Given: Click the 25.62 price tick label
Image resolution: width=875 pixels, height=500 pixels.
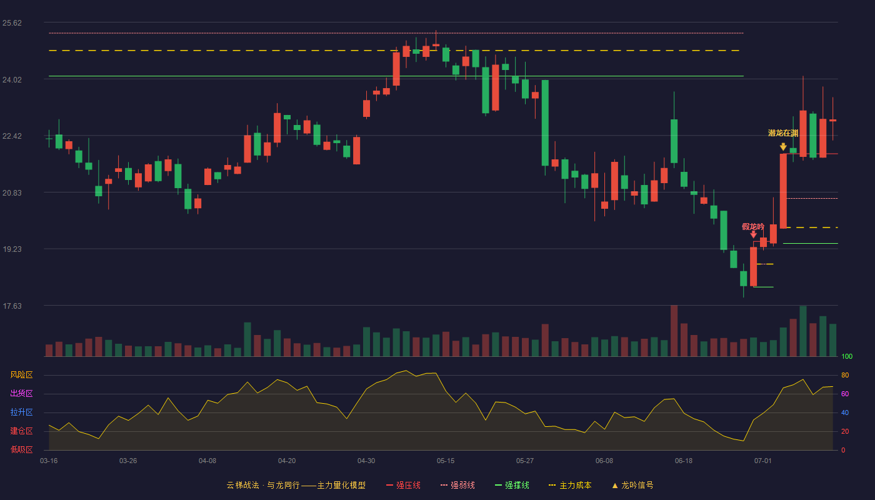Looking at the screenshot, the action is click(x=12, y=23).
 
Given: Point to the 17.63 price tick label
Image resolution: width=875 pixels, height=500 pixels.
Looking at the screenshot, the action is click(x=12, y=306).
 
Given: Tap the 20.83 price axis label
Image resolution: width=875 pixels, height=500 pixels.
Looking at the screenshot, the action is click(x=12, y=193).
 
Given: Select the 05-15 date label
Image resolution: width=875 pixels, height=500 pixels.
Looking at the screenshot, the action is click(x=446, y=461).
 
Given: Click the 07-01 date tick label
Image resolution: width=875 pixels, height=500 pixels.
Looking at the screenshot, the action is click(x=763, y=461).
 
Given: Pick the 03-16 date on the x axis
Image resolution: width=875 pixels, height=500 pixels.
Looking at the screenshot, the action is click(x=49, y=461).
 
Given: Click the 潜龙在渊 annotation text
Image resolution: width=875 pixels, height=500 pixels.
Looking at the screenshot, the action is click(x=782, y=133).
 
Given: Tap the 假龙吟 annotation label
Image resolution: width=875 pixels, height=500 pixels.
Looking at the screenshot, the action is click(x=752, y=226).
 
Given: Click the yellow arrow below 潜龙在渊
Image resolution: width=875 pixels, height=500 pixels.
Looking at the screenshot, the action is click(x=783, y=147).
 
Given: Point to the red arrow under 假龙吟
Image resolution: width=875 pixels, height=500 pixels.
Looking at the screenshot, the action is click(x=754, y=234).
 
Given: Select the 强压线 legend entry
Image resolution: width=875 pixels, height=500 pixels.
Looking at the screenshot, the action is click(x=404, y=485).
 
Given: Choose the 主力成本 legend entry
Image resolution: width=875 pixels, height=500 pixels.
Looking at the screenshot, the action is click(x=570, y=485).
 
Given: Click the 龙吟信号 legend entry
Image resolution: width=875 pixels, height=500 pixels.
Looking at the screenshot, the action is click(x=632, y=485).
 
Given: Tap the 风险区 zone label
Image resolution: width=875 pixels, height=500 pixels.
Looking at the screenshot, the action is click(x=21, y=375).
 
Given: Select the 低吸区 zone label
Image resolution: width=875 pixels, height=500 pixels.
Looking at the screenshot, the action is click(x=21, y=450).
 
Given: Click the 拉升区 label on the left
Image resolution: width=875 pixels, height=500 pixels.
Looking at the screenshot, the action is click(x=21, y=412).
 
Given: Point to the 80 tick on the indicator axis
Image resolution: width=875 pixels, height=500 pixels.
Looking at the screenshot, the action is click(x=845, y=375).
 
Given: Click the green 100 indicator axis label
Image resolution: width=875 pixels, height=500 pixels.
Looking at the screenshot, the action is click(x=847, y=356).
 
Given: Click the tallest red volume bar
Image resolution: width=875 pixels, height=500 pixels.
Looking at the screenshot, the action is click(x=674, y=331).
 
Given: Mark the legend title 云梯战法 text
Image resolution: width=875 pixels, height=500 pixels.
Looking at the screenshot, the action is click(x=242, y=485).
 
